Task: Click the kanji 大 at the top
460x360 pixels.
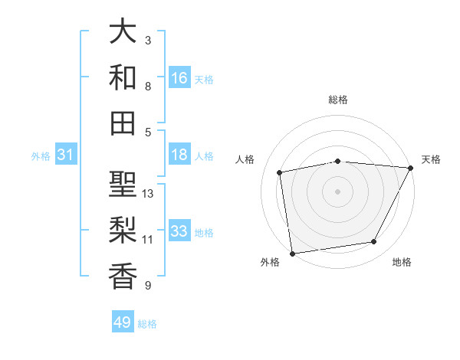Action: point(123,32)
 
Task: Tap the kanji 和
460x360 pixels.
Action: point(123,77)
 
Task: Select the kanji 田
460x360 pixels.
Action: point(123,123)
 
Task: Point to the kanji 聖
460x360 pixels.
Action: point(123,184)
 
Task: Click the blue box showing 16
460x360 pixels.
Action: point(179,77)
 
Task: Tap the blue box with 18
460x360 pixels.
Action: point(179,155)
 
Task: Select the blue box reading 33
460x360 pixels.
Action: point(179,231)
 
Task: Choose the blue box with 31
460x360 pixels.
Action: point(66,155)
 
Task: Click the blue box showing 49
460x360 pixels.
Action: point(123,322)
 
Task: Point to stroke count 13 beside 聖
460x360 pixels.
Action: point(148,193)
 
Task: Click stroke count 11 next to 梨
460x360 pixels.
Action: point(148,239)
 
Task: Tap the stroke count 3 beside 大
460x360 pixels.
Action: point(147,40)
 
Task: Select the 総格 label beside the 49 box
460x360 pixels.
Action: point(147,324)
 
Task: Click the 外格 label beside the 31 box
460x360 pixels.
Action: point(41,156)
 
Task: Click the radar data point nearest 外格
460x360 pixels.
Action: point(292,253)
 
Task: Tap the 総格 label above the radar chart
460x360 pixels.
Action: point(338,100)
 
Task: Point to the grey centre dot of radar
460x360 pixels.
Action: point(338,191)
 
